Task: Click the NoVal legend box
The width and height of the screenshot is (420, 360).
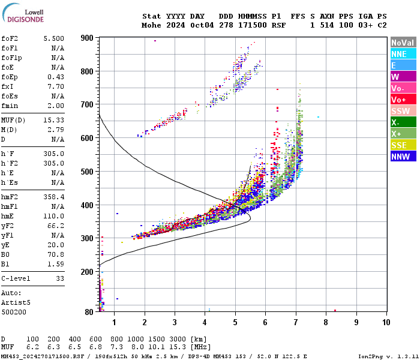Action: coord(403,43)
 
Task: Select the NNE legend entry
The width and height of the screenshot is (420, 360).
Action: coord(403,54)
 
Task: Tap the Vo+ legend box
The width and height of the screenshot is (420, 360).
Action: coord(403,100)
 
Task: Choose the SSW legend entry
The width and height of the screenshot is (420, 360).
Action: coord(403,111)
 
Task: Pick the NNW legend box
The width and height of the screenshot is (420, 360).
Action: coord(403,157)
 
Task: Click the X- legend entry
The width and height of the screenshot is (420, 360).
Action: coord(403,122)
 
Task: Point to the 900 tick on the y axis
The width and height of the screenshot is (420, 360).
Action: coord(87,38)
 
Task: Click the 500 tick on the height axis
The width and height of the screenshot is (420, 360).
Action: coord(87,172)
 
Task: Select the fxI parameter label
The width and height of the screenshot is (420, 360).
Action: coord(8,86)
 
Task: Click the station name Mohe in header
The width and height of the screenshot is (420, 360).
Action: coord(151,25)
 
